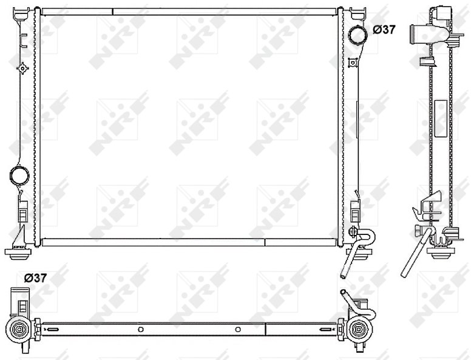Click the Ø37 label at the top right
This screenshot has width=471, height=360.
[x=384, y=30]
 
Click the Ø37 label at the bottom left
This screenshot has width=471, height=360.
[x=35, y=278]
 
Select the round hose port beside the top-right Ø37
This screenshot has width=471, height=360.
[x=358, y=36]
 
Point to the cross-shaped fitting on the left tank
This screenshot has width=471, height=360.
[x=22, y=69]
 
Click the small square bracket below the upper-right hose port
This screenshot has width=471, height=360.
[x=352, y=63]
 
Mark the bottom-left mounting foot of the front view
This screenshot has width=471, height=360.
[x=18, y=253]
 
